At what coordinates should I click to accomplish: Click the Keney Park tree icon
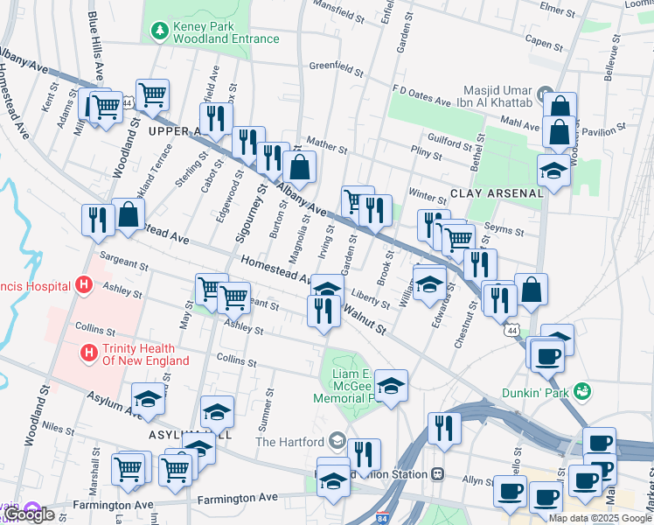pos(159,31)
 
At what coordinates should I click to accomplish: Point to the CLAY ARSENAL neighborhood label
pos(490,192)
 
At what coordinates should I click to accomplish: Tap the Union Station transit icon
pos(438,474)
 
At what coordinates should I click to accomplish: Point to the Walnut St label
pos(364,318)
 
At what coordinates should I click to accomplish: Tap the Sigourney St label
pos(252,213)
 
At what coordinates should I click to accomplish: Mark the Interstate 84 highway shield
pos(382,516)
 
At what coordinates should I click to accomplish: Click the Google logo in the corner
pos(30,514)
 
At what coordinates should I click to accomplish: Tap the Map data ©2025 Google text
pos(599,518)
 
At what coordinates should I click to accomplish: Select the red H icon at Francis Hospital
pos(84,285)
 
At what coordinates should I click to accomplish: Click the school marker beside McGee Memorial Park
pos(392,386)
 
